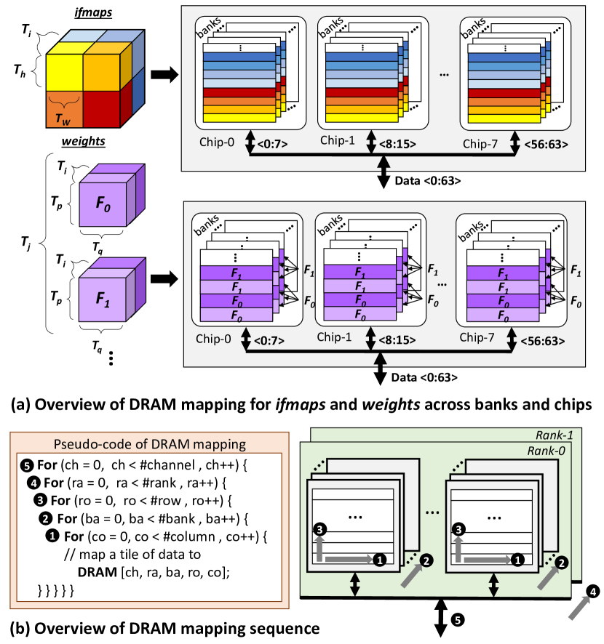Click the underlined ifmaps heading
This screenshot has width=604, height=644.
(x=93, y=13)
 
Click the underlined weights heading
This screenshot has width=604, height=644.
(x=84, y=141)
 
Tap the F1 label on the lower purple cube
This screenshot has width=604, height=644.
(x=103, y=299)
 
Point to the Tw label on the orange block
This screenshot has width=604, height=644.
(x=63, y=119)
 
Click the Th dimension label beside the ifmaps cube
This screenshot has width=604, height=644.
(x=20, y=71)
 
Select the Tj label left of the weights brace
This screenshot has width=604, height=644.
(x=26, y=243)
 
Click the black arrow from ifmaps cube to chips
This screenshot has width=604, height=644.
(x=164, y=74)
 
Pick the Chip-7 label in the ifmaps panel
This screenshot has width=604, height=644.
(x=480, y=144)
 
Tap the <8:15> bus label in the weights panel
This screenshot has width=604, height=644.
(x=397, y=340)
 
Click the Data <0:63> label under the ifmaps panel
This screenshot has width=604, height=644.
(x=428, y=181)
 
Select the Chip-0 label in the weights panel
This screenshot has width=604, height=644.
(x=213, y=339)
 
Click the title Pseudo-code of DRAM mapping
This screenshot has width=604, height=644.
(x=150, y=444)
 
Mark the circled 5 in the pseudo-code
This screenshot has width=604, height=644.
(x=26, y=466)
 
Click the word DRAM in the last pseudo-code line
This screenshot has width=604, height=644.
(x=97, y=572)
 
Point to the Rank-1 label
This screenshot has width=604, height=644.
(x=555, y=435)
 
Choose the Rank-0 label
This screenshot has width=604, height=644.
(x=546, y=451)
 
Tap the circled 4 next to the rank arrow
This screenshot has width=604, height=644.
(x=592, y=592)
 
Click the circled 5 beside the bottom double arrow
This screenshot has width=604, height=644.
(x=458, y=619)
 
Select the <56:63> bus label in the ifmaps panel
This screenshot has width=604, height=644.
(x=546, y=145)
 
